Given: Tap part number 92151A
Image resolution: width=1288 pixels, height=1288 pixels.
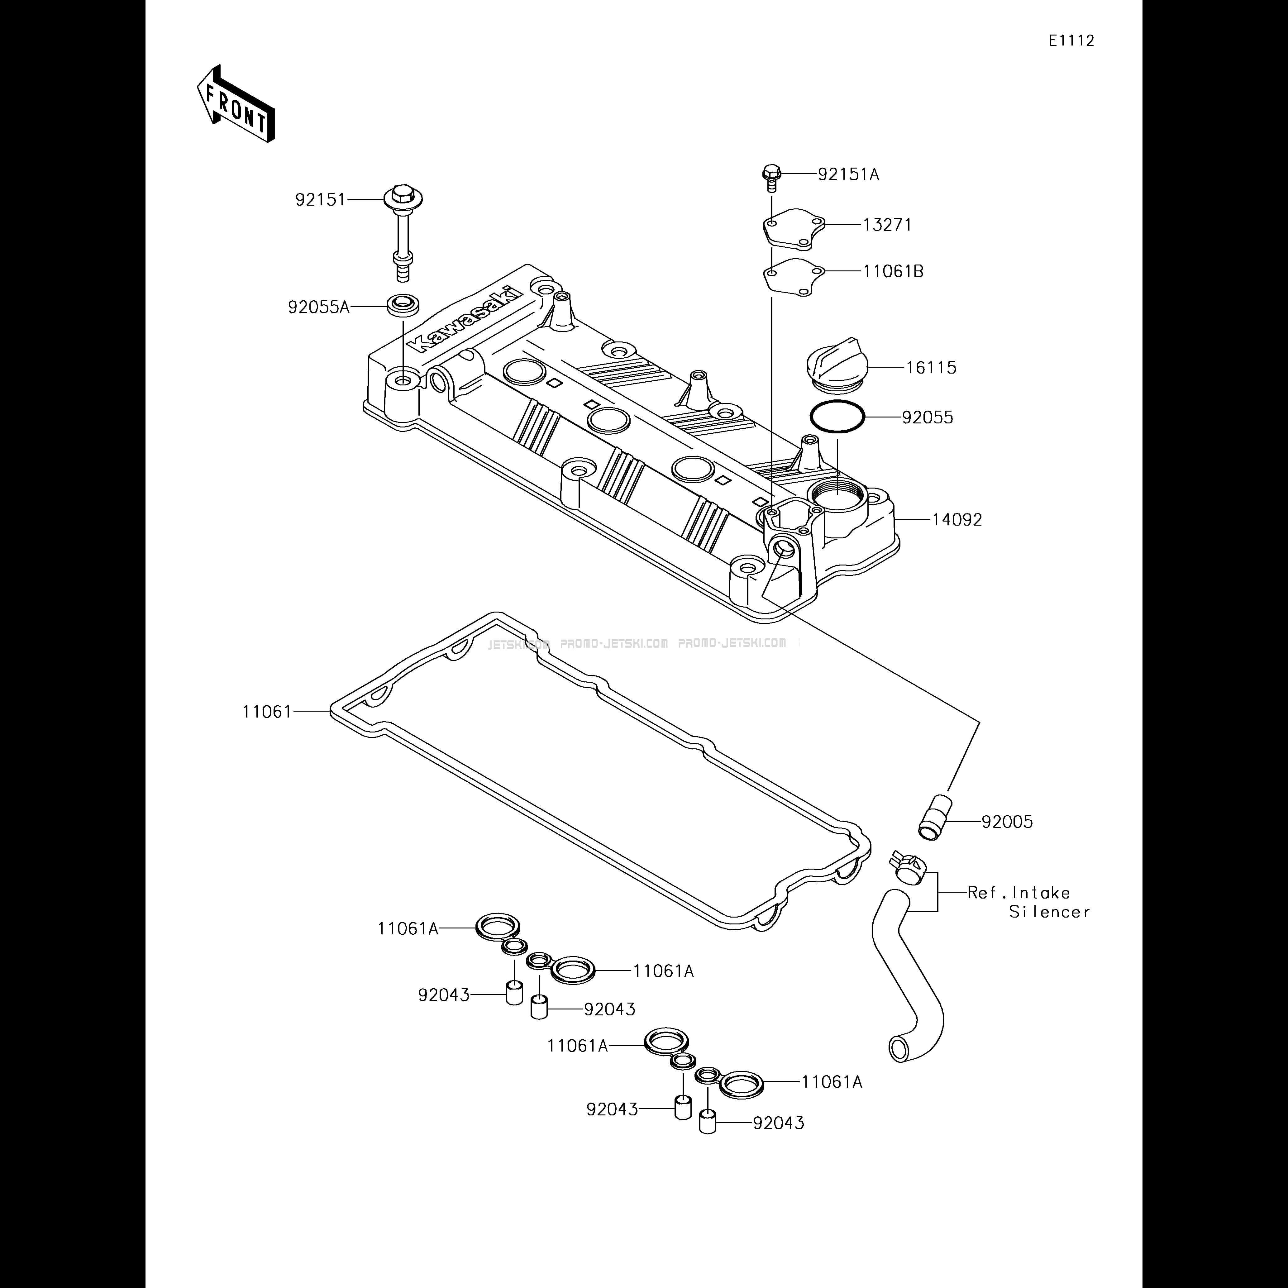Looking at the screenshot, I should tap(849, 175).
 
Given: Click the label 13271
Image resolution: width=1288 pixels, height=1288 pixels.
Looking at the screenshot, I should tap(887, 225).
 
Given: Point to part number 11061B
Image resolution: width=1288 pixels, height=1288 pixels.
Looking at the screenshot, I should tap(893, 272).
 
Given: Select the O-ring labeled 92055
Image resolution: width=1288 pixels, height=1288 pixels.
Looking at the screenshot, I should tap(837, 417).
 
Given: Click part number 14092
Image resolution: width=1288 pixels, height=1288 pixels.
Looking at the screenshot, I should tap(957, 520).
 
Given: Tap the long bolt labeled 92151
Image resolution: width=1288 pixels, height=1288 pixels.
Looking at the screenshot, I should tap(403, 230).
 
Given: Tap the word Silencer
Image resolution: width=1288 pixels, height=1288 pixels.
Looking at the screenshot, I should tap(1049, 912).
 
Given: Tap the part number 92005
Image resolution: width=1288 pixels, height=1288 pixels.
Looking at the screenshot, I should tap(1007, 822).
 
